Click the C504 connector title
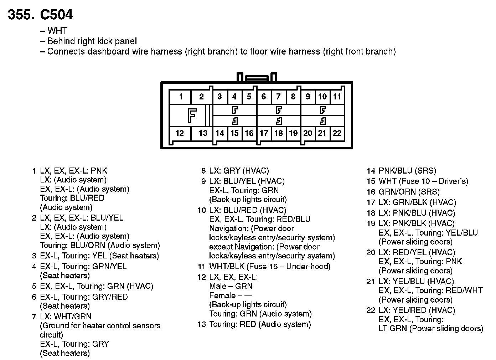[40, 15]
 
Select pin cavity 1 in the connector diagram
[181, 97]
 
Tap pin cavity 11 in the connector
[337, 97]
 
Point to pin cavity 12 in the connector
[180, 133]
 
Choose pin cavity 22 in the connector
[337, 133]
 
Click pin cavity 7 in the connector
[278, 97]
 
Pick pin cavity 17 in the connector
[264, 133]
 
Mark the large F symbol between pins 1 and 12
[192, 115]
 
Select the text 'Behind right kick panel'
[92, 41]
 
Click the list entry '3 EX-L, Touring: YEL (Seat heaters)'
[95, 256]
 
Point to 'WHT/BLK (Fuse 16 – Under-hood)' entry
[270, 267]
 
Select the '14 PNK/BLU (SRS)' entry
[402, 171]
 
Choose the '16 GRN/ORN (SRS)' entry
[403, 192]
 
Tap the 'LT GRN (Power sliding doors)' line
[430, 328]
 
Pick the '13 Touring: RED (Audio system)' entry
[254, 324]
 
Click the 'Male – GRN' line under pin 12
[231, 286]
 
